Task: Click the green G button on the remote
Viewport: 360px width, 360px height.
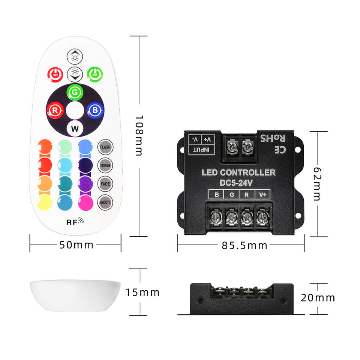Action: click(x=75, y=92)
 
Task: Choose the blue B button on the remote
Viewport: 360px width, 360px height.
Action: click(x=94, y=110)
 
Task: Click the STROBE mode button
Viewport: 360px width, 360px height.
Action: click(x=105, y=165)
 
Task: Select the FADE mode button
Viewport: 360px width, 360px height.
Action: click(x=105, y=184)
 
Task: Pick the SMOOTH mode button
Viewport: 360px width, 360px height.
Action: click(x=105, y=202)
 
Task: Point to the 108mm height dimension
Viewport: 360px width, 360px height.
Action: click(x=139, y=136)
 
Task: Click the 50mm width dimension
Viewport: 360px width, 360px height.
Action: click(x=76, y=245)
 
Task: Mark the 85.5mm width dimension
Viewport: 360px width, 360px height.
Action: click(x=244, y=245)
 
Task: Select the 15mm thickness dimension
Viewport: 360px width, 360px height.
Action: click(x=142, y=292)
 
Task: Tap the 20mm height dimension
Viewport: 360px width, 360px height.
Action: click(x=318, y=298)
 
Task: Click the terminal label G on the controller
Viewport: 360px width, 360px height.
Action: click(x=231, y=195)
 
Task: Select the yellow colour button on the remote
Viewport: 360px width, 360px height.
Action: click(x=45, y=202)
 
